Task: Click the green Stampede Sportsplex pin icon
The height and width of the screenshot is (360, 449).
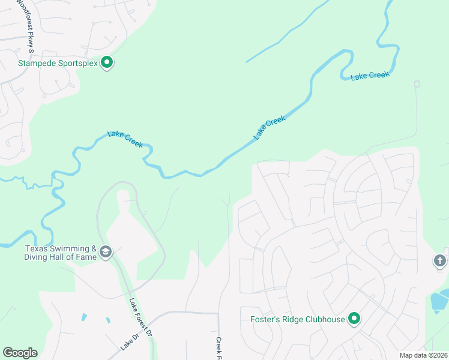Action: point(107,62)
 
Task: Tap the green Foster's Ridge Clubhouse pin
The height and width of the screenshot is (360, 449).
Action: point(354,318)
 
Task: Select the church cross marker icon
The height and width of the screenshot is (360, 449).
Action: point(440,260)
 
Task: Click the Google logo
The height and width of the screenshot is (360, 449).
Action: point(20,353)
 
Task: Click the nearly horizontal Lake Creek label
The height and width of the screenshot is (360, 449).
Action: point(370,76)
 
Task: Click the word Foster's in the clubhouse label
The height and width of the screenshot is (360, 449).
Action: point(265,319)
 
